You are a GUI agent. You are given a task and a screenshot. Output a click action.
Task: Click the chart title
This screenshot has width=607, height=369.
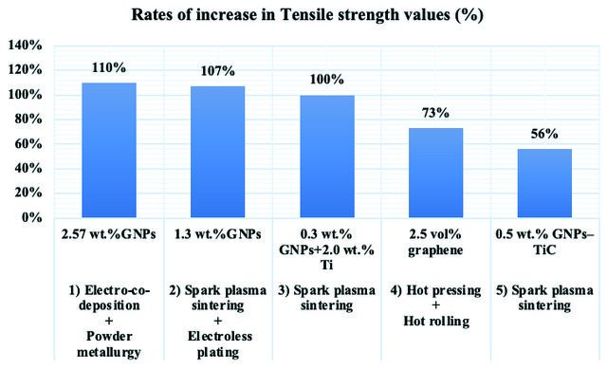tap(307, 15)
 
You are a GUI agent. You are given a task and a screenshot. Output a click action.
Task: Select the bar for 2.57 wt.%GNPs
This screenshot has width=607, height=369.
tap(109, 150)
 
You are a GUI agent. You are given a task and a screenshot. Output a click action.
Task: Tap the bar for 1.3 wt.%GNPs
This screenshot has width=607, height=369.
tap(218, 152)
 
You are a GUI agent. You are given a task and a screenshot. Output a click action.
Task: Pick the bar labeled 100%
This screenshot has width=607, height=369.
tap(327, 156)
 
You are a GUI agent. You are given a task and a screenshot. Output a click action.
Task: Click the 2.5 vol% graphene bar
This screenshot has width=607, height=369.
tap(436, 173)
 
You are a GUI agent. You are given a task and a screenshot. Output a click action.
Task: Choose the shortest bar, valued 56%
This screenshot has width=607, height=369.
tap(544, 183)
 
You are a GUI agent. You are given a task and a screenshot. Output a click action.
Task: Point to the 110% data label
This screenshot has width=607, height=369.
tap(109, 67)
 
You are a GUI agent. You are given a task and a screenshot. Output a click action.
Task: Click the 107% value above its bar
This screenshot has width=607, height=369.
tap(217, 71)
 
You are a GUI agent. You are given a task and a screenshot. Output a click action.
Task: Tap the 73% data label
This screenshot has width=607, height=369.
tap(435, 113)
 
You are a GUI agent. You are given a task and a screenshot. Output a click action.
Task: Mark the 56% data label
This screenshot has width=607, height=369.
tap(544, 134)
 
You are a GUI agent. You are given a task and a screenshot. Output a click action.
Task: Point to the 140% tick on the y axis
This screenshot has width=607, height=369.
tap(26, 46)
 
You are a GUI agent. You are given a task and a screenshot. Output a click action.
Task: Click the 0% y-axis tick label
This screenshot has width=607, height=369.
tap(32, 217)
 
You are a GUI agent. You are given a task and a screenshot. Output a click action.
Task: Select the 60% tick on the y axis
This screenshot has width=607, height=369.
tap(28, 144)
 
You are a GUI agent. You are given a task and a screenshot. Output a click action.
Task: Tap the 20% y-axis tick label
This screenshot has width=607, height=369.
tap(28, 193)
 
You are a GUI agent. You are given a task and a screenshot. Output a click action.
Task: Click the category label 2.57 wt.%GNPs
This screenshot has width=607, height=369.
tap(109, 234)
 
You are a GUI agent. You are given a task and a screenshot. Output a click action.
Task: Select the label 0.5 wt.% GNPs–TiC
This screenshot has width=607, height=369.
tap(544, 242)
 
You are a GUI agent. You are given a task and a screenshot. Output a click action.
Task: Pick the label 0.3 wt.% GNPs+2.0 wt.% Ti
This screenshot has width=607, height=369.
tap(326, 249)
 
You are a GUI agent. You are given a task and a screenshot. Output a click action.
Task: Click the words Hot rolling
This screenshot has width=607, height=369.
tap(436, 321)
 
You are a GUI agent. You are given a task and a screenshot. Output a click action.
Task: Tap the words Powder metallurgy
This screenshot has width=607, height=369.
tap(109, 344)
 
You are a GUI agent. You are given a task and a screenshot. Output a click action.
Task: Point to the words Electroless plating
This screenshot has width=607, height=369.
tap(219, 344)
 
